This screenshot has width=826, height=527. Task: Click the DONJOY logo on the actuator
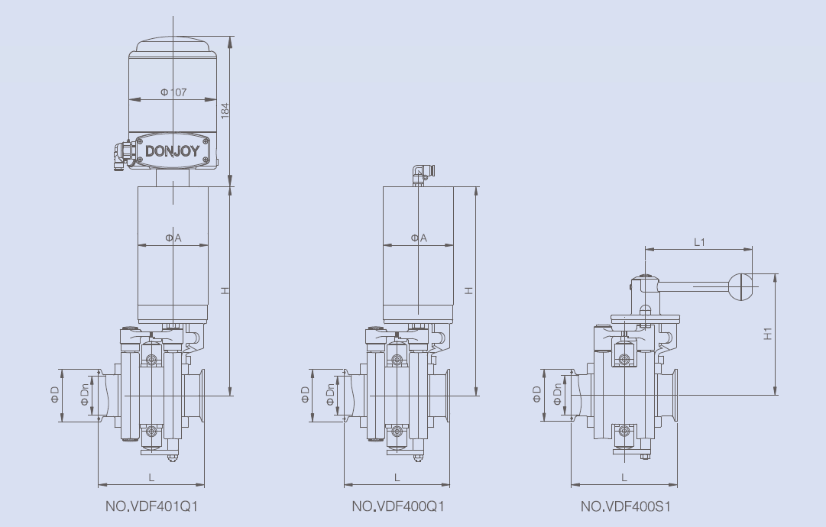coord(172,150)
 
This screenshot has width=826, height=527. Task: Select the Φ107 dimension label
coord(173,92)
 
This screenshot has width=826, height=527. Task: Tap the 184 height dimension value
coord(225,109)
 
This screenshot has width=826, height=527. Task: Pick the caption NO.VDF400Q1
coord(397,506)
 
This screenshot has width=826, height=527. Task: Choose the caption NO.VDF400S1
coord(626,506)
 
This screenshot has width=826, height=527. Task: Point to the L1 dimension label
coord(698,241)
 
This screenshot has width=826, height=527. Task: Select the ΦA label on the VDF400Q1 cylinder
coord(419,238)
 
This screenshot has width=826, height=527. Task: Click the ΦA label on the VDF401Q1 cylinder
coord(173,238)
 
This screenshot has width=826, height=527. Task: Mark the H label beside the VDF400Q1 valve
coord(469,290)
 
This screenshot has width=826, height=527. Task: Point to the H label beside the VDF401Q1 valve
coord(225,290)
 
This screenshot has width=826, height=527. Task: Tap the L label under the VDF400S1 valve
coord(624,477)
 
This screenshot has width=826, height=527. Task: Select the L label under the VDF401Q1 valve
coord(151,477)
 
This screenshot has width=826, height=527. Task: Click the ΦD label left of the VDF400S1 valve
coord(536,394)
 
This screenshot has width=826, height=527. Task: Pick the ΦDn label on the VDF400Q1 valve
coord(330,395)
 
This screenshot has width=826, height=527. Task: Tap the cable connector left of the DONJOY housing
coord(122,153)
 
